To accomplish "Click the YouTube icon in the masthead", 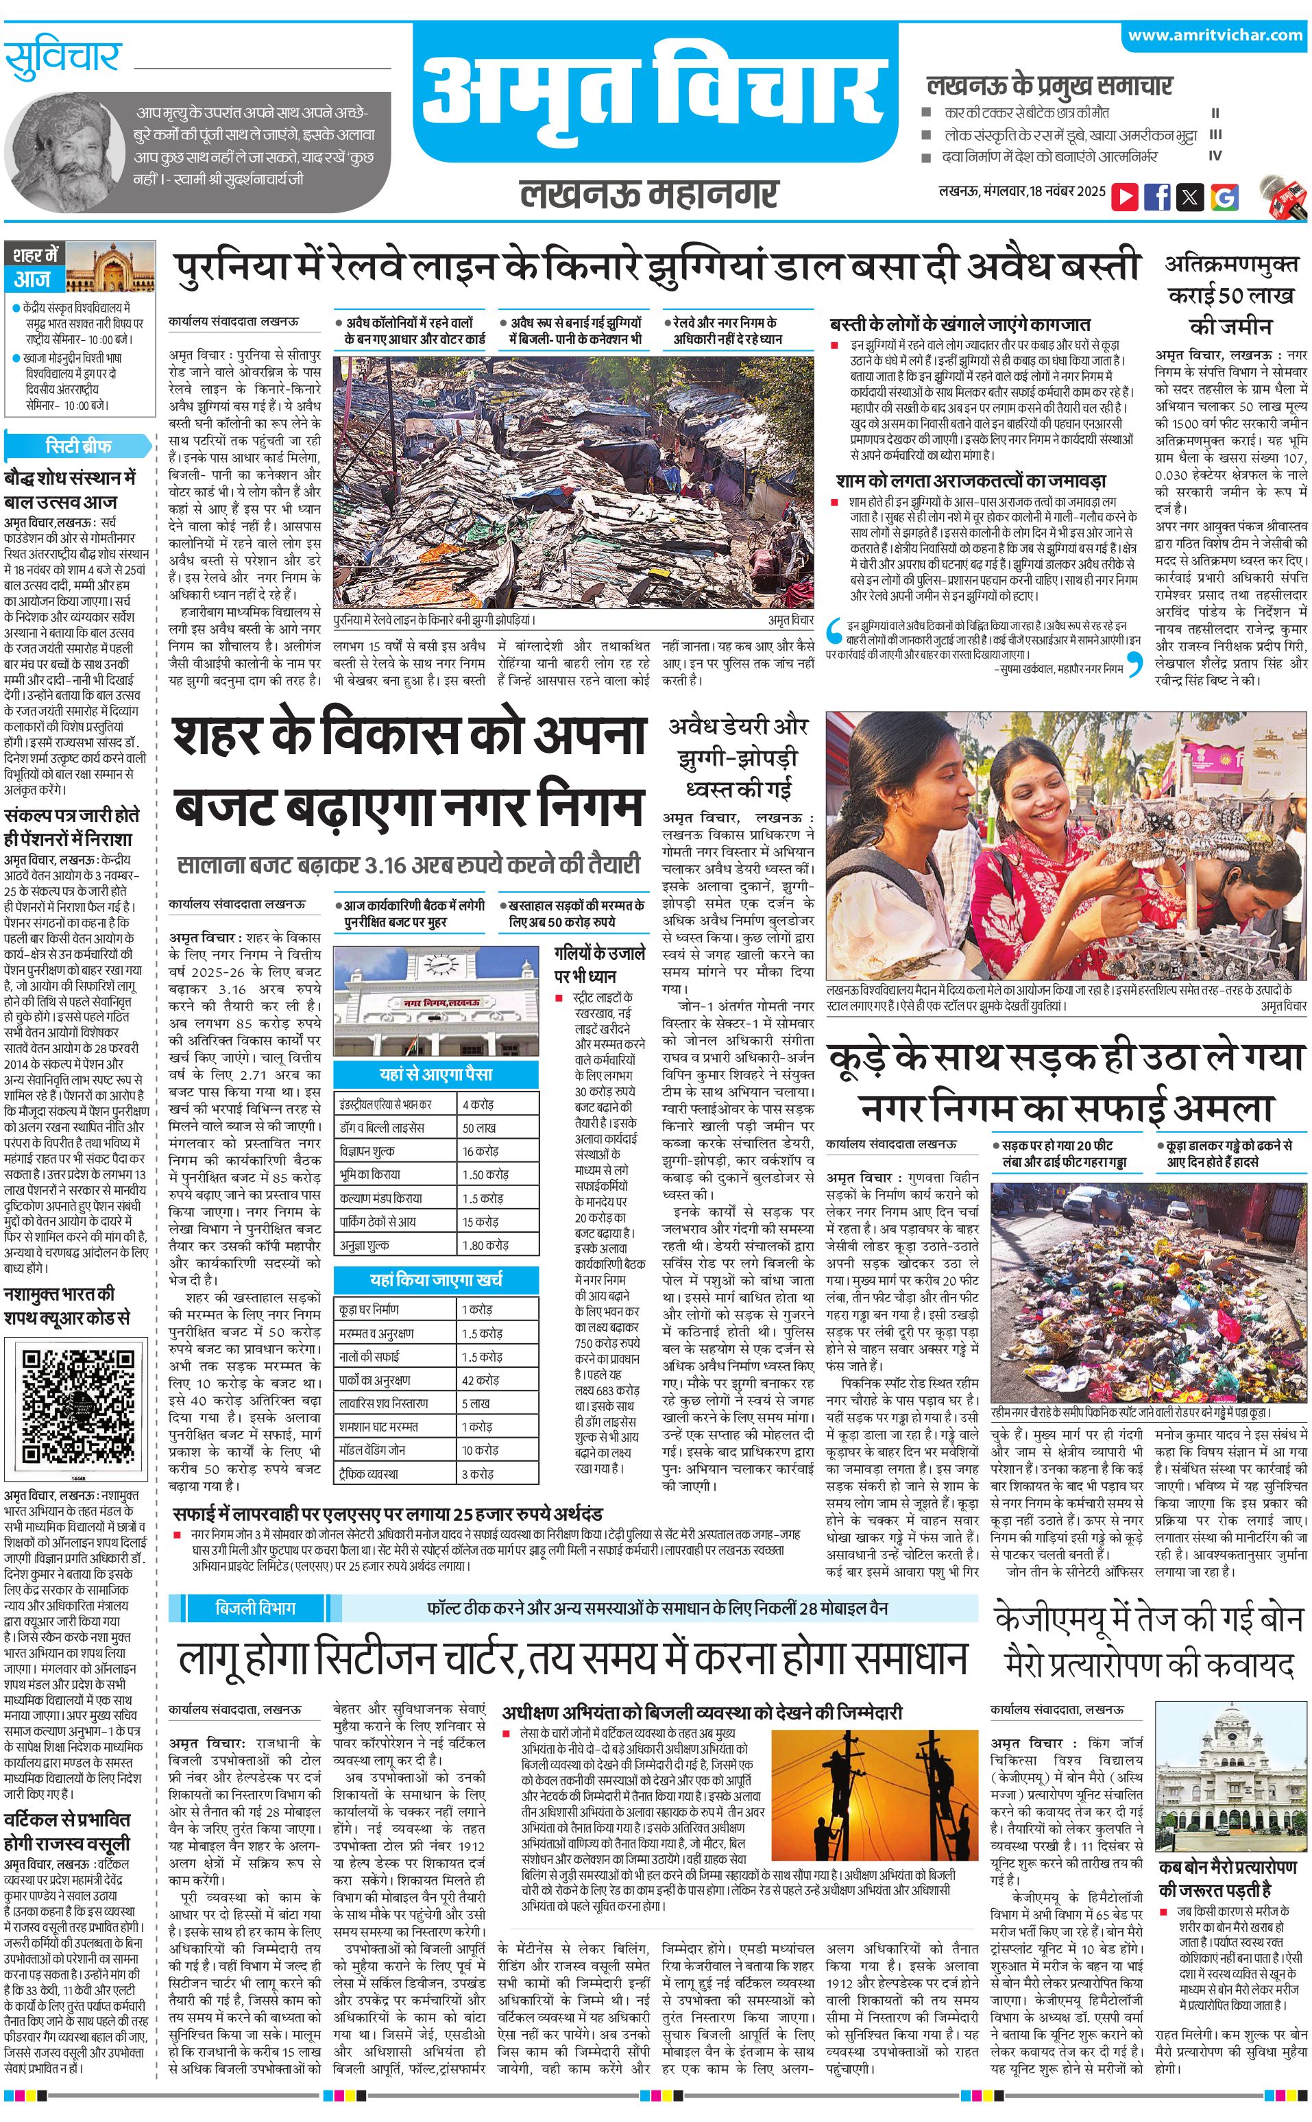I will pos(1125,196).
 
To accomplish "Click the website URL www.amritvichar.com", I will pos(1215,36).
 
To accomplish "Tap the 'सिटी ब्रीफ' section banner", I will pos(78,446).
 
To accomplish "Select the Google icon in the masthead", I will pos(1224,196).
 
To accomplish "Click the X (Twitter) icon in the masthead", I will pos(1191,196).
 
